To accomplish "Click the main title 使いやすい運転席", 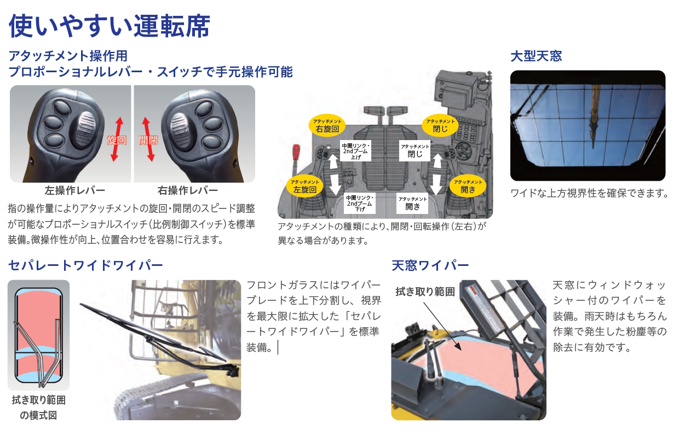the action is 110,26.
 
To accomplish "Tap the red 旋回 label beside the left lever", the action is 117,140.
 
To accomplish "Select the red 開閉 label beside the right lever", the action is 148,140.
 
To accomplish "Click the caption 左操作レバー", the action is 75,190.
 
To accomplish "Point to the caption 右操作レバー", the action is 188,190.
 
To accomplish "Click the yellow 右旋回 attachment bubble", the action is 327,126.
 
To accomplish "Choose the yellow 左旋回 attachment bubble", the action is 304,187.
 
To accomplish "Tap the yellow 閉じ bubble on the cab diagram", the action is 440,126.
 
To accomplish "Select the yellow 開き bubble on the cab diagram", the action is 468,187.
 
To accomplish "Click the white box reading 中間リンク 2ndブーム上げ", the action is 356,151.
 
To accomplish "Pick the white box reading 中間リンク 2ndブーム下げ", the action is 360,203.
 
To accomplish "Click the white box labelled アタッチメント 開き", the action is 412,203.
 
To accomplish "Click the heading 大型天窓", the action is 537,56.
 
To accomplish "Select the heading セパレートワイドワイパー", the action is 85,265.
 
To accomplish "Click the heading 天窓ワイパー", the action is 430,265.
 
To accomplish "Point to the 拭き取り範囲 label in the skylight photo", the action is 425,292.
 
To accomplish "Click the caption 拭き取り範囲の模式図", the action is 38,408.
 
